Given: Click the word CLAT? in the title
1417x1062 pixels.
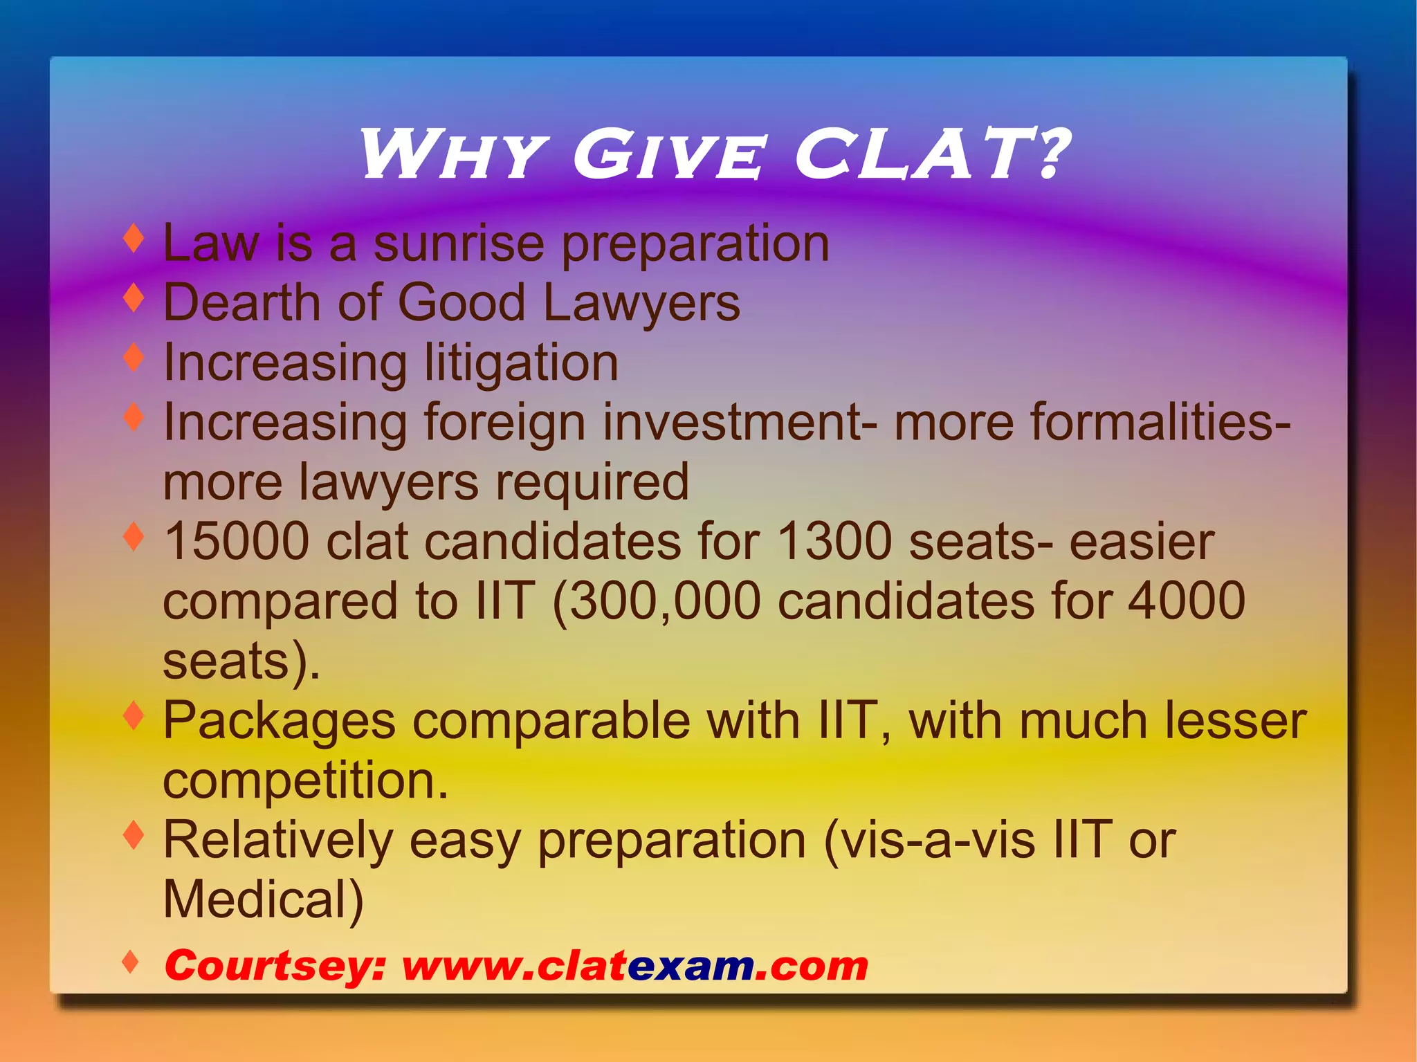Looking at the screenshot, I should click(x=931, y=155).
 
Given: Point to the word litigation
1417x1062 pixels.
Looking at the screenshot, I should click(x=521, y=363).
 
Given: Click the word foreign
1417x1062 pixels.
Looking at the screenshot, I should click(x=504, y=423).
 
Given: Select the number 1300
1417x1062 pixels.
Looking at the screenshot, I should click(x=834, y=542).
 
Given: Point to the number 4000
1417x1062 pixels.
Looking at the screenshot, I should click(x=1187, y=601).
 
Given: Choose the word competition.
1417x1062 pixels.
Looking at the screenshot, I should click(x=305, y=781).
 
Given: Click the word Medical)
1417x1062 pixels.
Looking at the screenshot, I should click(x=264, y=900).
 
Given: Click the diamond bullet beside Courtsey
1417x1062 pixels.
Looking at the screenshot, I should click(x=130, y=961).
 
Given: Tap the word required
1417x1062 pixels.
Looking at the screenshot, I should click(x=592, y=482).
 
